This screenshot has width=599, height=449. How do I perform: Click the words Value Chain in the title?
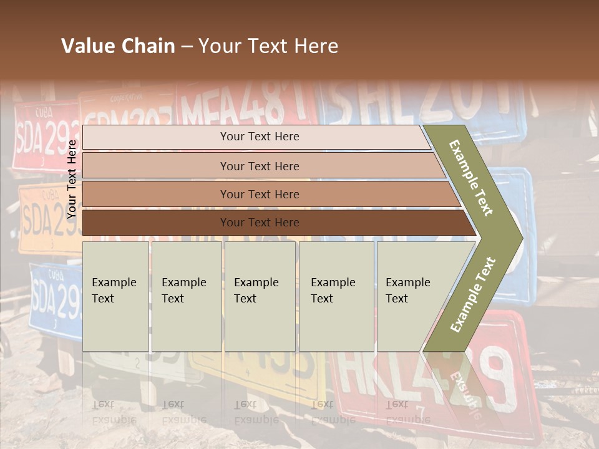[118, 46]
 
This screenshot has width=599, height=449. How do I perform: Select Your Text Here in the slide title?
[268, 46]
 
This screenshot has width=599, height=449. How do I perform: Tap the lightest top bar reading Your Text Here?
[259, 137]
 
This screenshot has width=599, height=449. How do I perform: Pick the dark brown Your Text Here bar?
[259, 223]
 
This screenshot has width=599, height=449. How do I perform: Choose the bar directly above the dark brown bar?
[259, 195]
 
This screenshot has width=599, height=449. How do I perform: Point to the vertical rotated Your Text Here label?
[72, 179]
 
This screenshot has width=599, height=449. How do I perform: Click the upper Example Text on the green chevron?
[472, 178]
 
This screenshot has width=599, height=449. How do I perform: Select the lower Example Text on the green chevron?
[473, 294]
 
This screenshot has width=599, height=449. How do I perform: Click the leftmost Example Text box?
[115, 296]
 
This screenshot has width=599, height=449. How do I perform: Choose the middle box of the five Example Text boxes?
[260, 296]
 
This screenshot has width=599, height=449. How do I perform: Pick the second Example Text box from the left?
[186, 296]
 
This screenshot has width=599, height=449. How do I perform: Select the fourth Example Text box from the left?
[336, 296]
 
